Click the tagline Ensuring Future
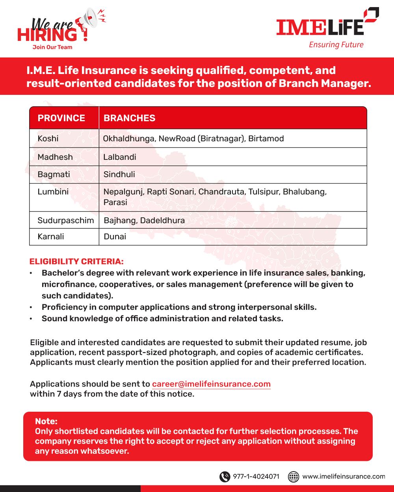click(336, 45)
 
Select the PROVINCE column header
click(61, 118)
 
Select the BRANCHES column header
click(129, 118)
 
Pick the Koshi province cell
click(48, 139)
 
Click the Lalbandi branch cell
click(120, 157)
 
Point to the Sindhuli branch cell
click(119, 174)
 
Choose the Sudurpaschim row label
click(66, 220)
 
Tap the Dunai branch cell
click(115, 237)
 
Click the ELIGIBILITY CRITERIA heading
click(76, 261)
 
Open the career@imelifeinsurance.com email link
click(211, 384)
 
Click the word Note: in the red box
click(46, 421)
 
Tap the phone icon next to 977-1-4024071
click(225, 477)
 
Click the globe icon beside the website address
click(294, 477)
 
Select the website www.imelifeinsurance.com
click(344, 477)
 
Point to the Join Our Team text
click(52, 47)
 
